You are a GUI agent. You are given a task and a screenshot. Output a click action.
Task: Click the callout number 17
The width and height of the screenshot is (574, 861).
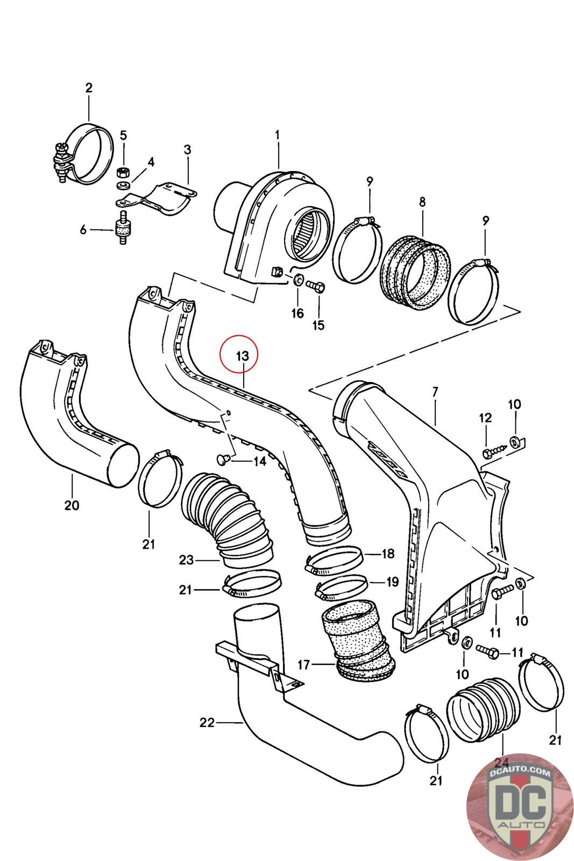[x=304, y=665]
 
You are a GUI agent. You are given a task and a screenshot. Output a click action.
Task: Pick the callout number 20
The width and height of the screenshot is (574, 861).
[x=72, y=505]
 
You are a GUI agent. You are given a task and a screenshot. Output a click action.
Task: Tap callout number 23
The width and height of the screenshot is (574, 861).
[x=186, y=560]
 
